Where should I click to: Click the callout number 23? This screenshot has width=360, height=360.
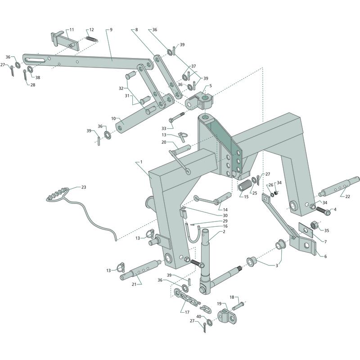84,187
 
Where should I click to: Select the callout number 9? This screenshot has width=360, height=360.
110,30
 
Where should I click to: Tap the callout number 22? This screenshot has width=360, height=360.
347,196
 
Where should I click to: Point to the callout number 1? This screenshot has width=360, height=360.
141,161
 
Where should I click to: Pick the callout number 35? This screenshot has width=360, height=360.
327,230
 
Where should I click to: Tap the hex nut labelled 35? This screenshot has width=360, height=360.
315,225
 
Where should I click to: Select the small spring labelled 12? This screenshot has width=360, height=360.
91,40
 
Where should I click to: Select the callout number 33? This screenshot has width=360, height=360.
163,129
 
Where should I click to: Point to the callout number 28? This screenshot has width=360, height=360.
32,85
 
